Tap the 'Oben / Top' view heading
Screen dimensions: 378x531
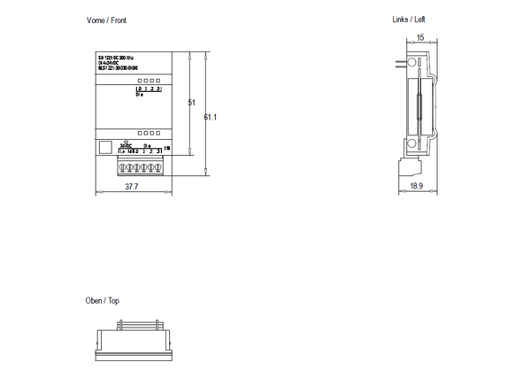[102, 301]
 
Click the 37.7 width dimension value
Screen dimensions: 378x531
[131, 188]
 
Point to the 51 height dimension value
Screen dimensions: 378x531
[191, 104]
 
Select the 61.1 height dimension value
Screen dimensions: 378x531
[211, 117]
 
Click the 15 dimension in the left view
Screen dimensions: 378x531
[420, 37]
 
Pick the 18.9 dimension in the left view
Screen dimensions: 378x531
[417, 187]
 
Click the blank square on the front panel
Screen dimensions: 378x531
[104, 148]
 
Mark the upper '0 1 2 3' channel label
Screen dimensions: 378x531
[149, 89]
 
